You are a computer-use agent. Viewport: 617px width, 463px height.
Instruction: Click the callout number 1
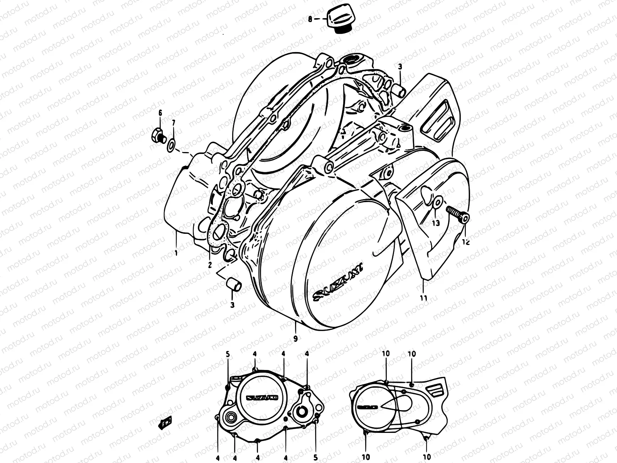(x=176, y=253)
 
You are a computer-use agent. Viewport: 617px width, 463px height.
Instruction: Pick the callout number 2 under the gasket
(x=210, y=265)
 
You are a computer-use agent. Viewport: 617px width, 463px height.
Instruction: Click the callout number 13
(x=435, y=223)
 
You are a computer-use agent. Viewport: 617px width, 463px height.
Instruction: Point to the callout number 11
(x=423, y=298)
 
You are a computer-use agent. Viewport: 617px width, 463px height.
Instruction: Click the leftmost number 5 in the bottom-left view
(x=228, y=354)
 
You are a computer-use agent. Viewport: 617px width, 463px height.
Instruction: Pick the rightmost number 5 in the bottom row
(x=315, y=456)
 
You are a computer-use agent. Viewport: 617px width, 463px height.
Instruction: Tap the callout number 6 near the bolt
(x=160, y=113)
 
